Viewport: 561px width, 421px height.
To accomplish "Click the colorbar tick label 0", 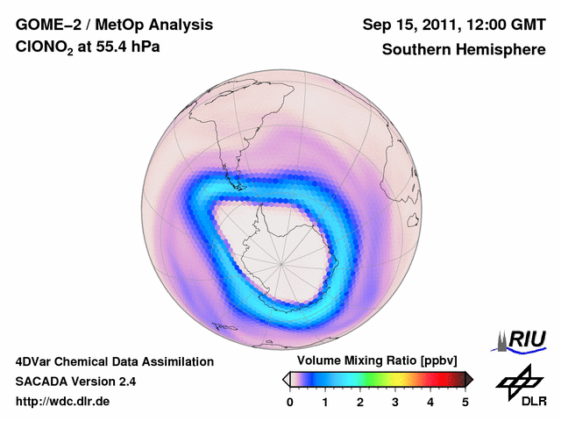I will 290,402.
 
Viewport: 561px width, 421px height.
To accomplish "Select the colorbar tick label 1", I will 325,402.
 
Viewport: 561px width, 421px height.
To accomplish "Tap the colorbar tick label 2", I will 360,402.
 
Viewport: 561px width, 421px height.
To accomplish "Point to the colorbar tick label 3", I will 395,402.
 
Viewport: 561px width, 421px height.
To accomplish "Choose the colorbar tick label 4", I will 430,402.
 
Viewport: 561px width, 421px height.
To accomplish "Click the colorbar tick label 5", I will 465,402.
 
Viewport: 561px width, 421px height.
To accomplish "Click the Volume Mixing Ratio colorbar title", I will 373,361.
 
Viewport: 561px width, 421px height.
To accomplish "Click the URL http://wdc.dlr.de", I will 63,403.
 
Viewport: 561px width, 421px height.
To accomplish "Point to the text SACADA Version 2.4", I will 75,382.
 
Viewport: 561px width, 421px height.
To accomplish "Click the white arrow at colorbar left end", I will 286,379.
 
